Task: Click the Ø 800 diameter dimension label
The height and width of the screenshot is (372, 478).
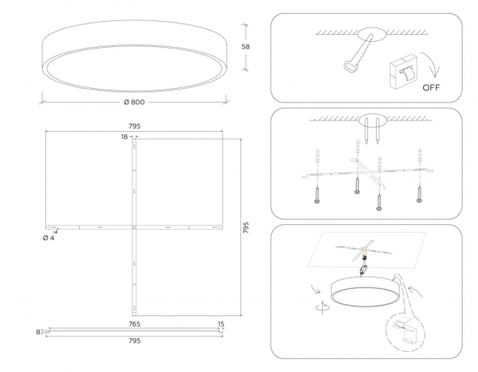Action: coord(133,103)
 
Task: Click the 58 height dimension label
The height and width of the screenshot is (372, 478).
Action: coord(246,47)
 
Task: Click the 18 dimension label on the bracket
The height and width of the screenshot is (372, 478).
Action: coord(125,137)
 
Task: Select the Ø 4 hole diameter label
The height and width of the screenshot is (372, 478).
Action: coord(49,239)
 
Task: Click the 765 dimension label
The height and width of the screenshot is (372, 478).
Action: coord(134,323)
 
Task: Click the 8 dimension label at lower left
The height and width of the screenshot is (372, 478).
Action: coord(38,332)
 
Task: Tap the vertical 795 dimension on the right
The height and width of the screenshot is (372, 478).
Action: coord(247,228)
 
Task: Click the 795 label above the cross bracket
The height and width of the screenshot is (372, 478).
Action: coord(135,126)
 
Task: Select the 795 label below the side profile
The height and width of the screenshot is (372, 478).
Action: coord(134,341)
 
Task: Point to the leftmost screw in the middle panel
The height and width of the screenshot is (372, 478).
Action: coord(316,192)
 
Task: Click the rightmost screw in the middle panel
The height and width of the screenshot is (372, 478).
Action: coord(419,192)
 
